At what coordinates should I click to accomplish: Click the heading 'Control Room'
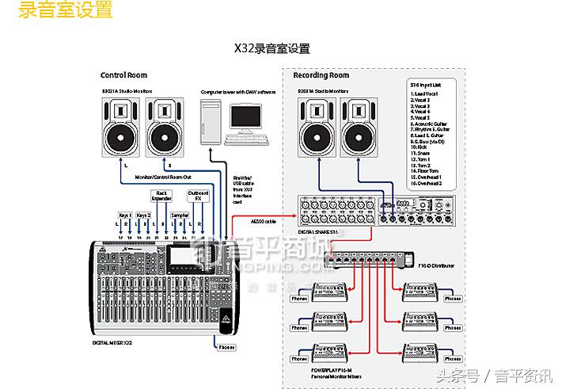pos(123,75)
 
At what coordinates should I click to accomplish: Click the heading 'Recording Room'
pos(321,75)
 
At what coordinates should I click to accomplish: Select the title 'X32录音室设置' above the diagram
pos(272,48)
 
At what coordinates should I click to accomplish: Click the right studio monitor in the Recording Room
pos(363,126)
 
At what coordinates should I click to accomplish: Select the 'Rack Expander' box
pos(161,196)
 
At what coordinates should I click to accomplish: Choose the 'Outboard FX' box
pos(198,196)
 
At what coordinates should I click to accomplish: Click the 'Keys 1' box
pos(124,215)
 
